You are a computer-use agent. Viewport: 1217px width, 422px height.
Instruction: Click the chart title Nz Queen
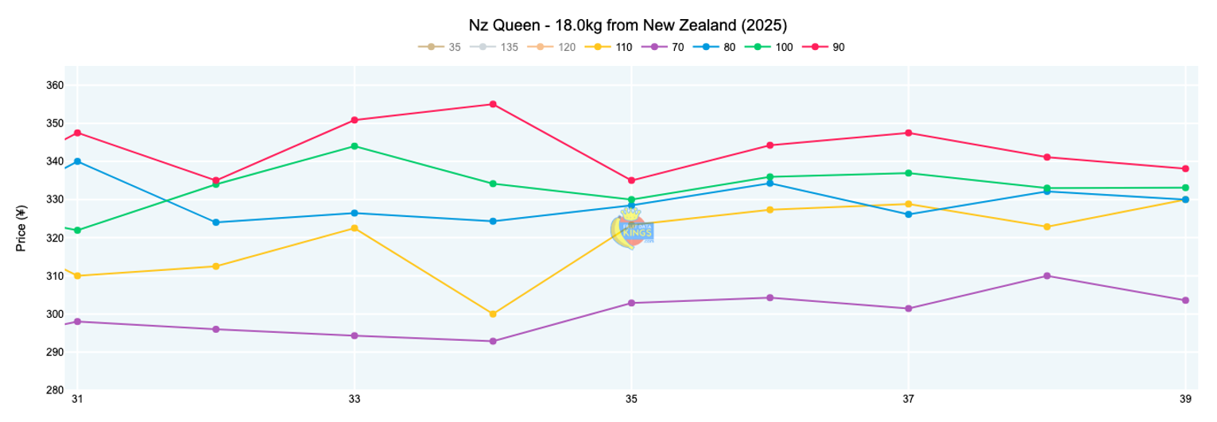[632, 25]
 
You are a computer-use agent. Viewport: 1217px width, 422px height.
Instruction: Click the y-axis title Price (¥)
[22, 228]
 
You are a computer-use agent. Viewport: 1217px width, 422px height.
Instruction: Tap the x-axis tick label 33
[355, 399]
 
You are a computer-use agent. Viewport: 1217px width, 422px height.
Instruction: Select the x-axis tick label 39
[1185, 399]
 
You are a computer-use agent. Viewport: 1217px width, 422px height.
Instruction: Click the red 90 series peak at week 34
[493, 104]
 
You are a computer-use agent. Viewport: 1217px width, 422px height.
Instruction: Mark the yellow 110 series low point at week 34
[493, 314]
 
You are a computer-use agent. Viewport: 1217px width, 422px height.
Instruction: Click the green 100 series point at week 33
[355, 146]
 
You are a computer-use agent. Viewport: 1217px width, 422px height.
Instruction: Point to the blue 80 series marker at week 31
[77, 161]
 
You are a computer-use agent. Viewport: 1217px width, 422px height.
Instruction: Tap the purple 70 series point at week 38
[1047, 276]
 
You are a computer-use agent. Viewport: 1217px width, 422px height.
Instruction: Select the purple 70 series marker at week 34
[493, 341]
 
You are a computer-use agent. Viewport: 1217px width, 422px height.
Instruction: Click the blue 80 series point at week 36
[769, 184]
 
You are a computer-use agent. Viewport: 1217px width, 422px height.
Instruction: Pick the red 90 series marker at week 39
[1185, 168]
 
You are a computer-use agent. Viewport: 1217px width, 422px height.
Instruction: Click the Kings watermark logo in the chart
[632, 230]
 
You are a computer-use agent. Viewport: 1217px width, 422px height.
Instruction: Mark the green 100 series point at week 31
[77, 230]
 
